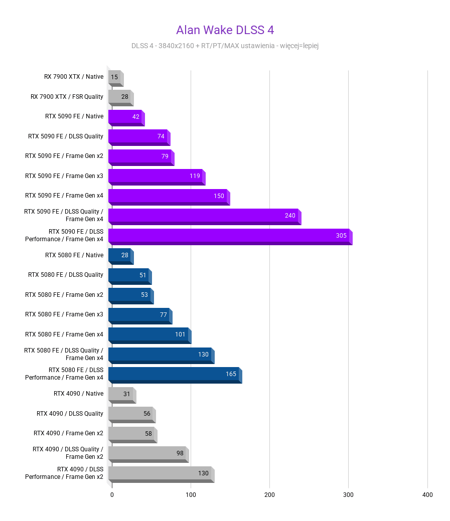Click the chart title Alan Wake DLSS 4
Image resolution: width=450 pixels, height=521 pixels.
click(225, 30)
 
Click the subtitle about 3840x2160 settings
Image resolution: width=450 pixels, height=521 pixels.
click(225, 46)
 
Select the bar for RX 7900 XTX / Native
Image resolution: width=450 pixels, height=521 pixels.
click(115, 77)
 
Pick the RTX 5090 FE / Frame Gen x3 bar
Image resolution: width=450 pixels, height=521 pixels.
click(156, 176)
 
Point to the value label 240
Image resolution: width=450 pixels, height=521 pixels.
click(290, 216)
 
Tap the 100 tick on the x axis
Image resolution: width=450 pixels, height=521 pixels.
click(191, 495)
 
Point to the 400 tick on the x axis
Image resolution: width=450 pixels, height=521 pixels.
click(427, 495)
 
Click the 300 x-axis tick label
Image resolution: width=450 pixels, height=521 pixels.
click(348, 495)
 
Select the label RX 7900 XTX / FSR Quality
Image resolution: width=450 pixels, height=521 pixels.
click(67, 97)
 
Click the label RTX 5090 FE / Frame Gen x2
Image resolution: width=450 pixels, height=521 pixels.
click(64, 156)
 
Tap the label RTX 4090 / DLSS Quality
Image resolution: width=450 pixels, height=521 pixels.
click(70, 414)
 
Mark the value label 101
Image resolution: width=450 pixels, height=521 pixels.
click(180, 334)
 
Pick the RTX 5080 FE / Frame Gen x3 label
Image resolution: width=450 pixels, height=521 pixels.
click(64, 314)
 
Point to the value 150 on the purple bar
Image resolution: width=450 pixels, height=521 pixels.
click(219, 196)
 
